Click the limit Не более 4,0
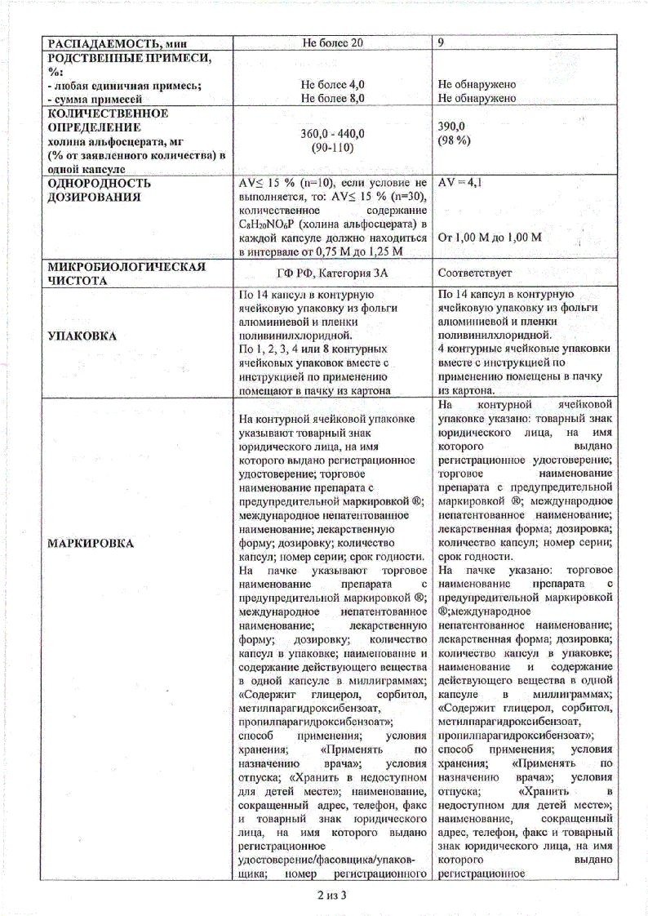click(332, 84)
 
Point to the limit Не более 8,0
click(332, 98)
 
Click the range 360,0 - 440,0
click(332, 134)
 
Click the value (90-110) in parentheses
click(332, 148)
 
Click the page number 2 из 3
click(332, 895)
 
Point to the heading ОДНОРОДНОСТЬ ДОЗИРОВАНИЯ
click(100, 190)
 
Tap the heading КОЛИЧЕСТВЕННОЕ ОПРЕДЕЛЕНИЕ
click(108, 120)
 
